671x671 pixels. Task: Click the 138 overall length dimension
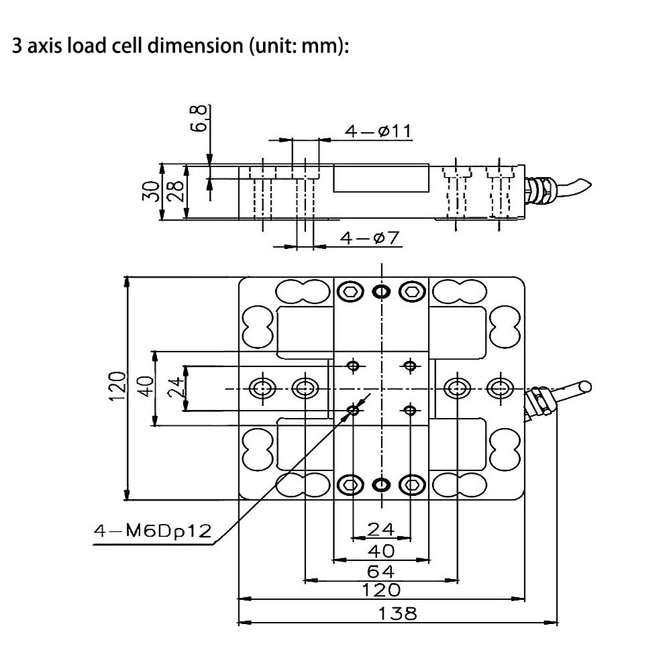point(397,613)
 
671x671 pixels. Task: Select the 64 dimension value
point(380,571)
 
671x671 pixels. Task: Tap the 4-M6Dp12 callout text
point(152,532)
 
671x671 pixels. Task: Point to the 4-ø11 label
point(378,131)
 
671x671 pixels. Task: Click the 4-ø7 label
point(369,238)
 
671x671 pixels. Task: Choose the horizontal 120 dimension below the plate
point(380,590)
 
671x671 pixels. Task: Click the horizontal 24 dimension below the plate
point(380,529)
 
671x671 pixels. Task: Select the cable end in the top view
point(584,386)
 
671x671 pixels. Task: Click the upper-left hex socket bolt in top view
point(350,291)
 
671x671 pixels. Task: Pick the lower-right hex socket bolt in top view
point(412,484)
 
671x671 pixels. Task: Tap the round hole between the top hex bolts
point(380,291)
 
